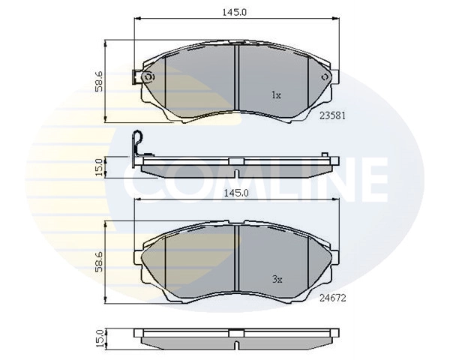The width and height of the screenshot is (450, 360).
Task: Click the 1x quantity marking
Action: pos(275,96)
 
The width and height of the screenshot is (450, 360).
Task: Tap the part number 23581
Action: pos(332,116)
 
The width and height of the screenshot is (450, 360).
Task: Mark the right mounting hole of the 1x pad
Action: pos(324,77)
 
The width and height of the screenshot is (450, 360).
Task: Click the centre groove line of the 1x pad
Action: pos(236,79)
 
